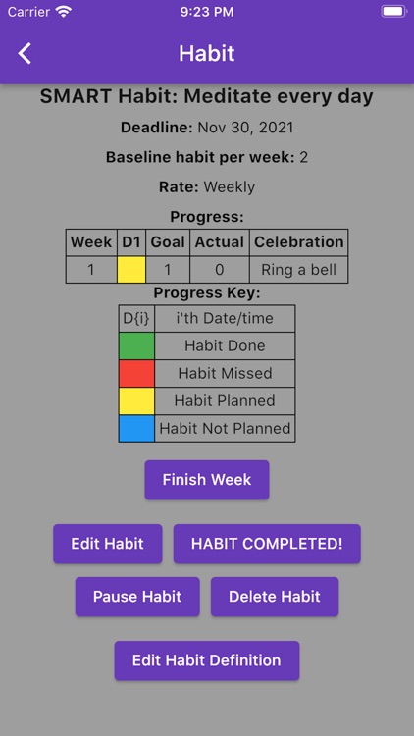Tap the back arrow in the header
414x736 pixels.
coord(26,54)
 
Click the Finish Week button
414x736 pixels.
coord(206,480)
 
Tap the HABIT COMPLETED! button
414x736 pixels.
coord(267,544)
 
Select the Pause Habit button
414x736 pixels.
coord(137,597)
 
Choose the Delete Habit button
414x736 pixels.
coord(275,597)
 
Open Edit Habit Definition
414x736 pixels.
coord(206,660)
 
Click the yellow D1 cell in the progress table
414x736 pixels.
coord(131,270)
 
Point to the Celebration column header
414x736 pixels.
coord(299,242)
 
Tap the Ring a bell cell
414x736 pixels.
coord(299,270)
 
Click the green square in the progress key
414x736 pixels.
coord(136,346)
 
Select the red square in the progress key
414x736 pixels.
coord(136,374)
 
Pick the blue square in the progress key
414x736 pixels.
coord(136,429)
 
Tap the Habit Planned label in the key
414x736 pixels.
coord(225,401)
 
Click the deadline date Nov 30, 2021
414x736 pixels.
coord(245,128)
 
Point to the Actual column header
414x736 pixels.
coord(219,242)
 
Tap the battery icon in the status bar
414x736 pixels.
coord(392,12)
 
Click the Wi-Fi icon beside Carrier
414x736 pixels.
coord(64,12)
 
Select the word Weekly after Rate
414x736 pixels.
coord(229,186)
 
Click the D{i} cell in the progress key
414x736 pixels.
coord(136,318)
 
